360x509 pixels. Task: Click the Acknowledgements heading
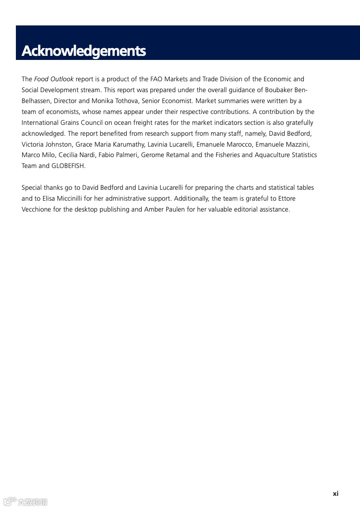pyautogui.click(x=84, y=51)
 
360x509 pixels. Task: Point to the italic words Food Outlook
pyautogui.click(x=54, y=79)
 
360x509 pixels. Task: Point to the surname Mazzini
pyautogui.click(x=297, y=144)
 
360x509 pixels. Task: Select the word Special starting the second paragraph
pyautogui.click(x=32, y=188)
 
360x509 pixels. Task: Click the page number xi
pyautogui.click(x=335, y=494)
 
